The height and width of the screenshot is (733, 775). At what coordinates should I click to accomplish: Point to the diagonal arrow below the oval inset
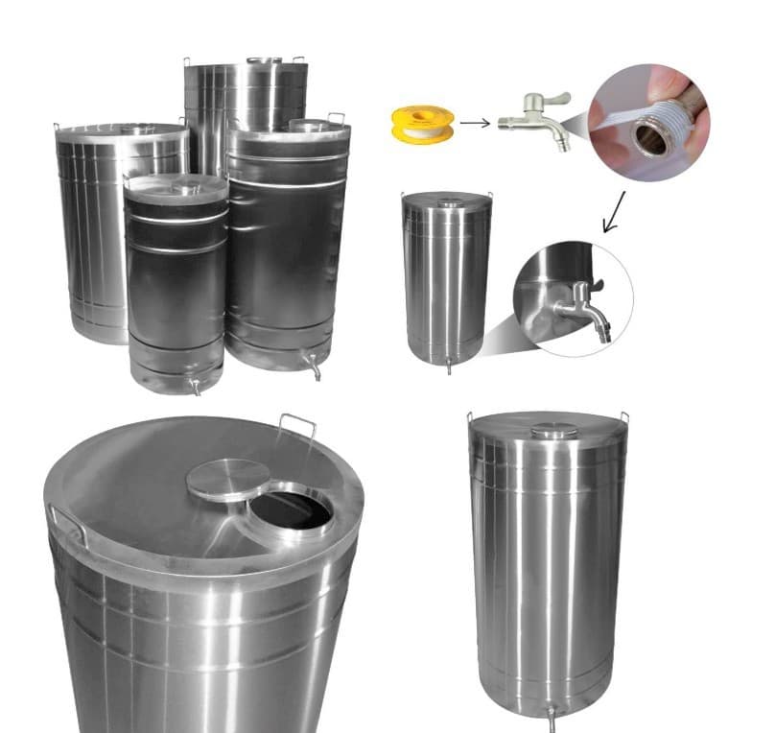tap(613, 212)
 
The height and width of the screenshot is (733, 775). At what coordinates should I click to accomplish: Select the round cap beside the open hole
tap(227, 479)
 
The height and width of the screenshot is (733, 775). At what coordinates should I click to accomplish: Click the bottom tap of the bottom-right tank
tap(552, 716)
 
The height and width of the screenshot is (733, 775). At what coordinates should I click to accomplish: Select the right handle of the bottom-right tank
tap(624, 418)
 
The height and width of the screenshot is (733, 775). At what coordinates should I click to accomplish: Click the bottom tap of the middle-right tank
tap(447, 366)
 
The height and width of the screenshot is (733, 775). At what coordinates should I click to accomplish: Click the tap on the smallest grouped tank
tap(195, 387)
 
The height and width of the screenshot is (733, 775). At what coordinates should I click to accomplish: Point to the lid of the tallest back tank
tap(245, 62)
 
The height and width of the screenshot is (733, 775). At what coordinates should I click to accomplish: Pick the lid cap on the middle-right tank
tap(448, 203)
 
